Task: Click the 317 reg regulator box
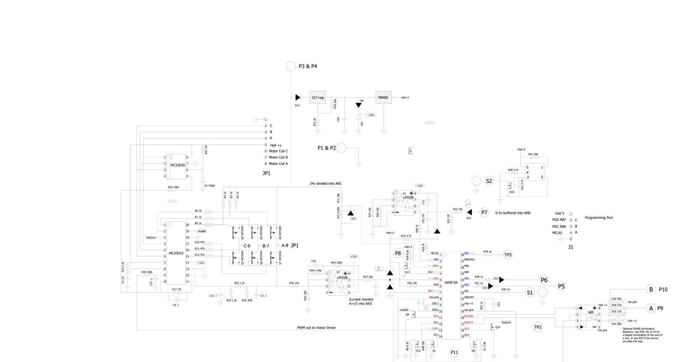pos(317,98)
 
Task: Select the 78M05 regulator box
pos(383,98)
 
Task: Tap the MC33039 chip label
pos(178,165)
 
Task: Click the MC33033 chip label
pos(176,253)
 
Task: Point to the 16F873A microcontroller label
pos(451,282)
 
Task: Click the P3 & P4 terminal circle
pos(291,66)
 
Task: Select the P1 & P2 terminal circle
pos(341,148)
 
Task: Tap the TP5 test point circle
pos(508,255)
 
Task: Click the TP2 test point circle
pos(537,327)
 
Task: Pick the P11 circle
pos(454,352)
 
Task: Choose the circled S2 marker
pos(489,181)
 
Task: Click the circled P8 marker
pos(398,253)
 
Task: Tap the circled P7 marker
pos(484,213)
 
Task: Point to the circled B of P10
pos(651,290)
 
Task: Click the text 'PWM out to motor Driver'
pos(316,328)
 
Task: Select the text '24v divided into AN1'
pos(325,184)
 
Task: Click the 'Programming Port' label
pos(599,218)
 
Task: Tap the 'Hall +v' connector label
pos(276,145)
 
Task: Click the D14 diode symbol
pos(298,98)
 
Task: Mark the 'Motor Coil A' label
pos(278,164)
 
